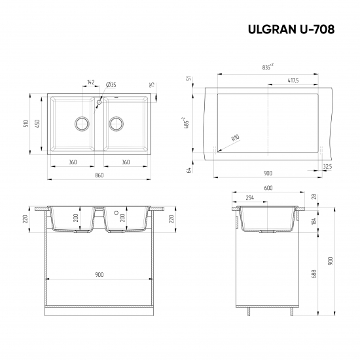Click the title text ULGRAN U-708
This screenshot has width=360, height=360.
click(x=291, y=29)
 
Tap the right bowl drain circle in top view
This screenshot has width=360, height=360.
click(x=117, y=122)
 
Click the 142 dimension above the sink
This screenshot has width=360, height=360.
click(x=90, y=83)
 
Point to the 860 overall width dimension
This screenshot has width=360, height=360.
click(x=100, y=175)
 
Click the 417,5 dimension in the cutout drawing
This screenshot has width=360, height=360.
click(x=293, y=81)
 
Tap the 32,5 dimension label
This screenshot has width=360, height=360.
click(x=327, y=167)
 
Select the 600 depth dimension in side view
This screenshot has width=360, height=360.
click(x=268, y=189)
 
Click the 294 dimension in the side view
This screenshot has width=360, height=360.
click(x=249, y=197)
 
